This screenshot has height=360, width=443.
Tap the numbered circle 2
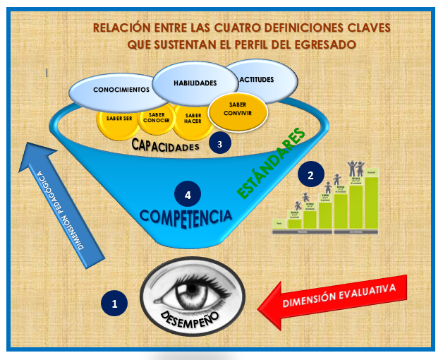pyautogui.click(x=311, y=173)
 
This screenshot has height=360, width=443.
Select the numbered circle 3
pyautogui.click(x=220, y=143)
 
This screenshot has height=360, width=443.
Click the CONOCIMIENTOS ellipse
pyautogui.click(x=121, y=90)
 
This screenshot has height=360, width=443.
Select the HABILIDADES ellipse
pyautogui.click(x=194, y=83)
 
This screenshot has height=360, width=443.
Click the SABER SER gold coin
pyautogui.click(x=118, y=121)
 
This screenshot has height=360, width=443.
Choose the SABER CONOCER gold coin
pyautogui.click(x=156, y=119)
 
